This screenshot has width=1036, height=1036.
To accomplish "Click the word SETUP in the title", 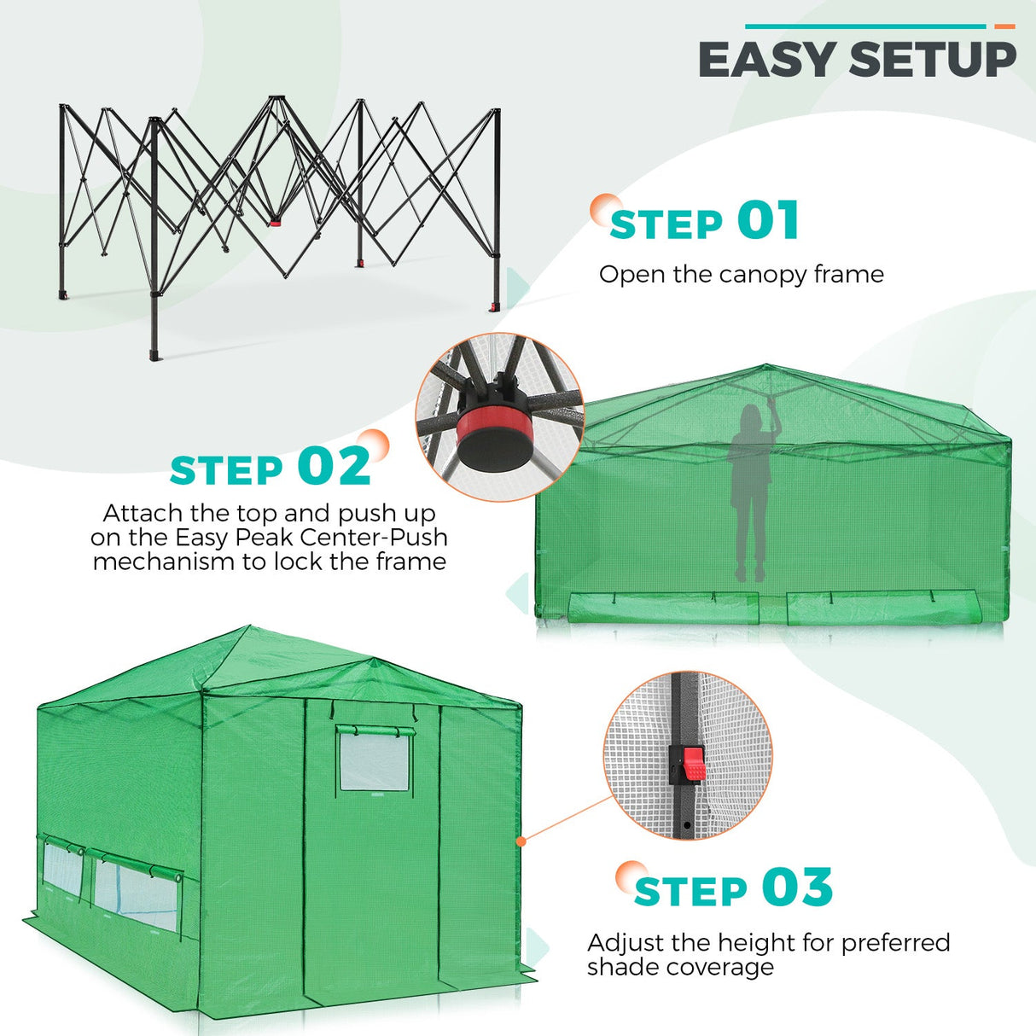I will [x=933, y=60].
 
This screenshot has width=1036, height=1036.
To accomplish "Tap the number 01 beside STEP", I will [x=768, y=221].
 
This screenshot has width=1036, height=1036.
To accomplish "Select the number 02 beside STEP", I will [x=335, y=467].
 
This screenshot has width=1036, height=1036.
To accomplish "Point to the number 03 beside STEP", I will [x=796, y=887].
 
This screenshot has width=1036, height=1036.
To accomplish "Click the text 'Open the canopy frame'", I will [x=741, y=274].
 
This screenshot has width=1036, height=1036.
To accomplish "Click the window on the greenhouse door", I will [x=374, y=760].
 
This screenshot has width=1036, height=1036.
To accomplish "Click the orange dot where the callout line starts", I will [x=521, y=841].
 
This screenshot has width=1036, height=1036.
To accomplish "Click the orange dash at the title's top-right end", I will [x=1004, y=26].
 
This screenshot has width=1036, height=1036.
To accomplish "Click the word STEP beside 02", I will [x=226, y=470].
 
